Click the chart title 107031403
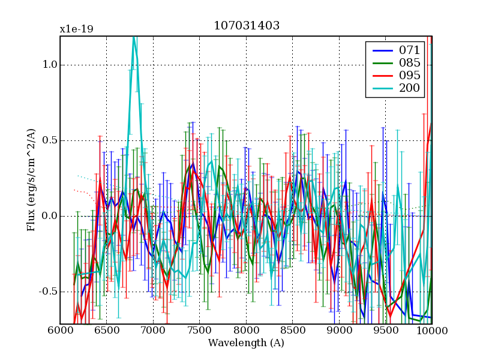(x=247, y=26)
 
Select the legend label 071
(x=409, y=50)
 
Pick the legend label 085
(x=409, y=62)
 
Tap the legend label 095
(x=409, y=76)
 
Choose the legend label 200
(x=409, y=89)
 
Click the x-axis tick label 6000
(x=60, y=331)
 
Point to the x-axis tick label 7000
(x=153, y=331)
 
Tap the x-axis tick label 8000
(x=246, y=331)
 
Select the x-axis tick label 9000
(x=339, y=331)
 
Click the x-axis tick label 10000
(x=432, y=331)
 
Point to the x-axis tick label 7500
(x=200, y=331)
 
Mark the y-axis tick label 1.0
(x=48, y=65)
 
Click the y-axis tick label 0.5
(x=48, y=141)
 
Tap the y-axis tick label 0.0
(x=48, y=216)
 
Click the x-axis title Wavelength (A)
(x=246, y=343)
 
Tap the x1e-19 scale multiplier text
(x=76, y=29)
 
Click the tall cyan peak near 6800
(x=134, y=40)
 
